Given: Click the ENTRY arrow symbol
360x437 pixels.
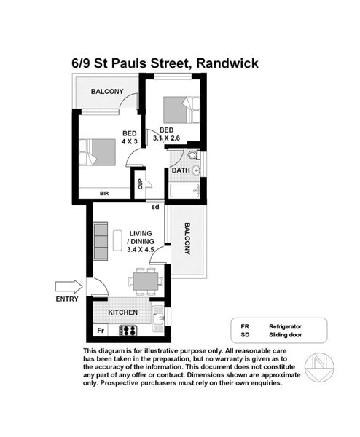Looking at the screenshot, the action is (x=69, y=286).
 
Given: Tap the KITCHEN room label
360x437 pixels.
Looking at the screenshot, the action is (x=122, y=312).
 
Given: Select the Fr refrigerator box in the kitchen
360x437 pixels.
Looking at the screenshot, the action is (x=101, y=331).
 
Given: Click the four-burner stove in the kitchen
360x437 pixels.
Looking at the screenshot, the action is (x=128, y=331).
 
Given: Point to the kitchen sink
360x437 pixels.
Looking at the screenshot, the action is (x=158, y=318).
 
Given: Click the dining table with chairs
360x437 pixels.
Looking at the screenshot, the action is (x=146, y=281).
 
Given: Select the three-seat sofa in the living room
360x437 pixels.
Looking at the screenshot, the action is (x=101, y=241).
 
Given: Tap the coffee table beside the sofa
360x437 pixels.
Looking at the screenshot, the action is (x=117, y=241).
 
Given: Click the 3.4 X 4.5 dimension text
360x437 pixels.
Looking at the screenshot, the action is (x=141, y=249).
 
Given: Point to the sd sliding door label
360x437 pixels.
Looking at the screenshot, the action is (x=155, y=207).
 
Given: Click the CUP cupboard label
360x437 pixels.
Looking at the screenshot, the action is (x=140, y=184).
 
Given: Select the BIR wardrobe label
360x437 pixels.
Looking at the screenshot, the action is (x=104, y=194).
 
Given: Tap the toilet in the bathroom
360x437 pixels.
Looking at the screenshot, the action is (x=194, y=154).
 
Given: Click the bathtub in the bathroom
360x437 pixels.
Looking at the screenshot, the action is (x=184, y=191).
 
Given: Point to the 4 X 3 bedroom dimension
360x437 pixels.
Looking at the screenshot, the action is (x=130, y=141).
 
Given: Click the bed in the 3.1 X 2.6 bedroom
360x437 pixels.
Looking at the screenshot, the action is (x=181, y=110).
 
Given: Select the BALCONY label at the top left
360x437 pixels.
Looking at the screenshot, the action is (x=107, y=92).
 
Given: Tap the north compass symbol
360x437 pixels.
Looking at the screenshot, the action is (x=319, y=367).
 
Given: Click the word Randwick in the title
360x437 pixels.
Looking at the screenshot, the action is (x=227, y=63).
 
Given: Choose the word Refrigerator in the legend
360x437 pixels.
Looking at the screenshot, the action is (x=285, y=326).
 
